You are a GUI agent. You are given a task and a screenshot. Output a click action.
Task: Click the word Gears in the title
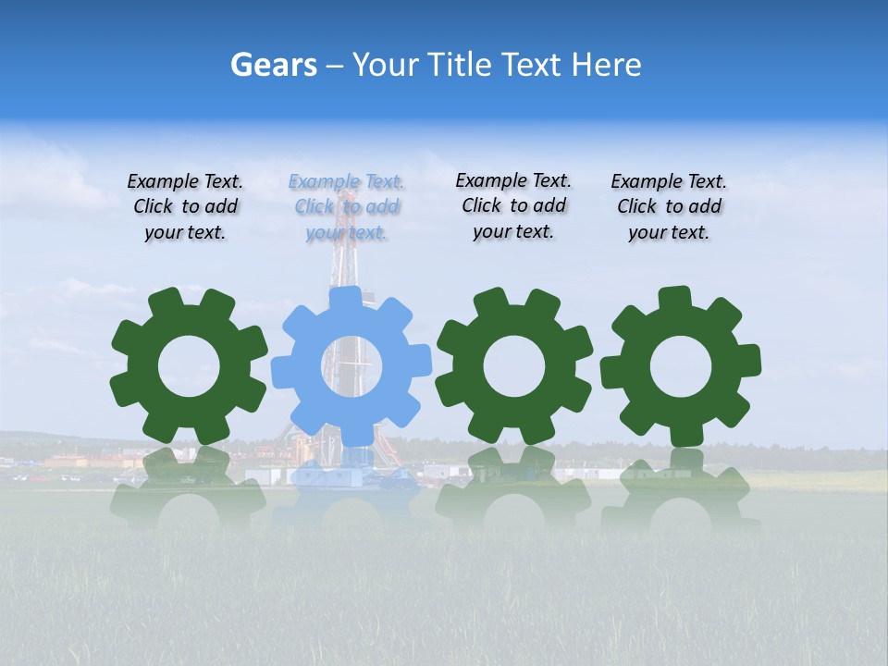coord(273,65)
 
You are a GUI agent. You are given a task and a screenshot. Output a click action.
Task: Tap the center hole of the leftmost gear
coord(189,367)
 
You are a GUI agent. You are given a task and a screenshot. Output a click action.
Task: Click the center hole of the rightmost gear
coord(680,367)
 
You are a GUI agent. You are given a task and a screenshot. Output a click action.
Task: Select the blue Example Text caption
coord(347,206)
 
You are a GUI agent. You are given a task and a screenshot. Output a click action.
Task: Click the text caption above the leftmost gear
coord(185,206)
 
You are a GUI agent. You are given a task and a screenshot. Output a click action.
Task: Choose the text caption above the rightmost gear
coord(669,206)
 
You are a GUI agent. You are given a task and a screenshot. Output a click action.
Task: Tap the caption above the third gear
coord(513,205)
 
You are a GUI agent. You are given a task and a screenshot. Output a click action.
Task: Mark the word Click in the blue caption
coord(314,206)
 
